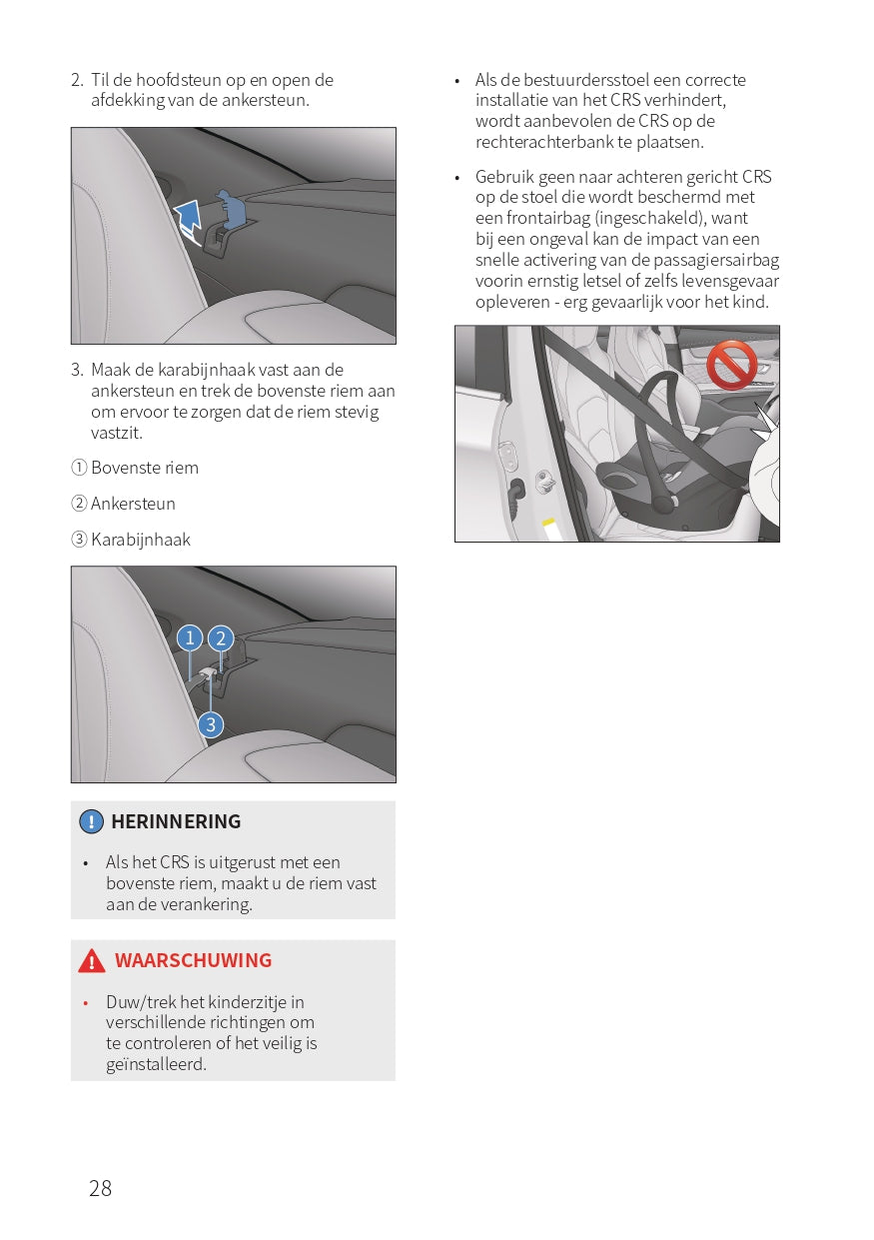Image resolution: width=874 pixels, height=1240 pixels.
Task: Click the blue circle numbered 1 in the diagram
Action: coord(189,637)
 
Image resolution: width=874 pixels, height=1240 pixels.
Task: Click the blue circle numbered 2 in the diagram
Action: coord(220,638)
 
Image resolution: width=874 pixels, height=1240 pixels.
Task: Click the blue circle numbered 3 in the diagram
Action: coord(210,724)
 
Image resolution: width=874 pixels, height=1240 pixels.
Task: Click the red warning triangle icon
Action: coord(92,961)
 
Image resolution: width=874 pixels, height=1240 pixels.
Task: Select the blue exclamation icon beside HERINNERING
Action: coord(91,821)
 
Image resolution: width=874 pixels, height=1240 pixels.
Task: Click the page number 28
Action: coord(101,1188)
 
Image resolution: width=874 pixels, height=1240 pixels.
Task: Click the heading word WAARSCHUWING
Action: coord(193,960)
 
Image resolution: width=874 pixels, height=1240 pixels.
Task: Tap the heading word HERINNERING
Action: coord(176,821)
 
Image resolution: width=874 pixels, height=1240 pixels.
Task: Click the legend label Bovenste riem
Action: coord(144,468)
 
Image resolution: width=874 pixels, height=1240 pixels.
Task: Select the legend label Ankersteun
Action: coord(133,504)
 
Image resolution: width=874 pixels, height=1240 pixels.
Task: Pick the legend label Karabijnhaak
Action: coord(140,540)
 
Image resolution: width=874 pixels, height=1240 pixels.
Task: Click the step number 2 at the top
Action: coord(76,80)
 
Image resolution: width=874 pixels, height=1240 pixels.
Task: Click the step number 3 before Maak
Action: coord(76,370)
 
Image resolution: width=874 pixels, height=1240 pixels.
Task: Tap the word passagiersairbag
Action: coord(714,261)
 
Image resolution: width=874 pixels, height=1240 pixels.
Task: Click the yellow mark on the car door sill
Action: coord(547,522)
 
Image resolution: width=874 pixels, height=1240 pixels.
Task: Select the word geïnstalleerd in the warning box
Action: coord(156,1064)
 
